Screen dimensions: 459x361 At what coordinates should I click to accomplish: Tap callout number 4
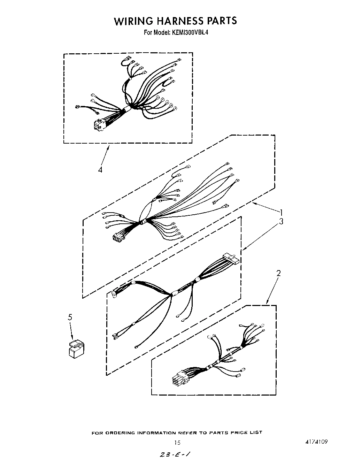pos(100,170)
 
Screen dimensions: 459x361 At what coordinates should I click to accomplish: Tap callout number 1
pos(282,212)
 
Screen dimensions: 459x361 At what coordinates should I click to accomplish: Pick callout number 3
pos(281,221)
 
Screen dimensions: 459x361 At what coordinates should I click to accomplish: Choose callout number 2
pos(278,273)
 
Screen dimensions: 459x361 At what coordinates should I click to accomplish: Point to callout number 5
pos(70,317)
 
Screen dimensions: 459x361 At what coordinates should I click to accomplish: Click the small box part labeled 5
pos(77,349)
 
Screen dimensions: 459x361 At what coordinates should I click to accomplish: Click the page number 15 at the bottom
pos(177,443)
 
